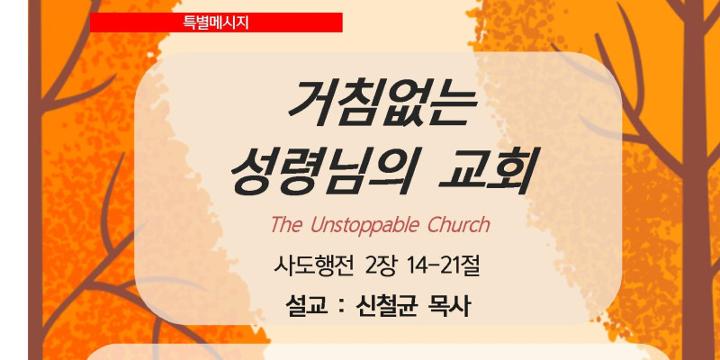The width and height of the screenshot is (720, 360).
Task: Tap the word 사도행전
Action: [314, 266]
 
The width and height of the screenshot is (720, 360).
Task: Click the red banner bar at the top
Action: [216, 22]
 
